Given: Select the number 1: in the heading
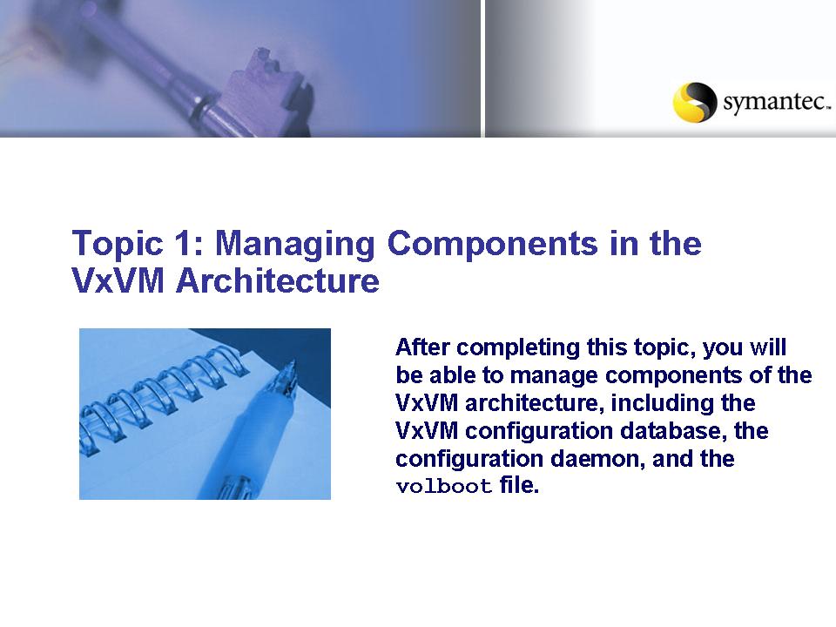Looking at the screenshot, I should [x=181, y=244].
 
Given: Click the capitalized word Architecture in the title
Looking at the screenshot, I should [x=280, y=282].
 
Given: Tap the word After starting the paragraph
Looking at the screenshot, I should [x=424, y=347].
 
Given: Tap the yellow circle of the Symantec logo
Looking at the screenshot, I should [x=694, y=102].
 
